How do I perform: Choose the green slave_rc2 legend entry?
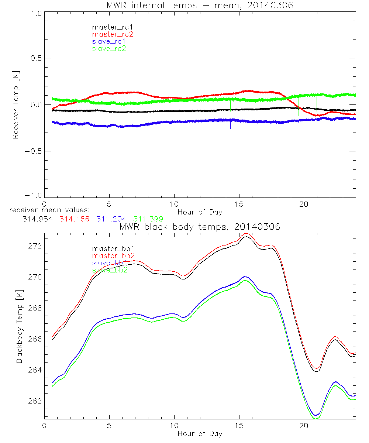pyautogui.click(x=109, y=48)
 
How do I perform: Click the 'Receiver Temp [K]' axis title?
pyautogui.click(x=15, y=104)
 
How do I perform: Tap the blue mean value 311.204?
pyautogui.click(x=112, y=219)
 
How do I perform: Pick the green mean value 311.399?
pyautogui.click(x=148, y=219)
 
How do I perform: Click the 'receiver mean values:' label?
pyautogui.click(x=47, y=210)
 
